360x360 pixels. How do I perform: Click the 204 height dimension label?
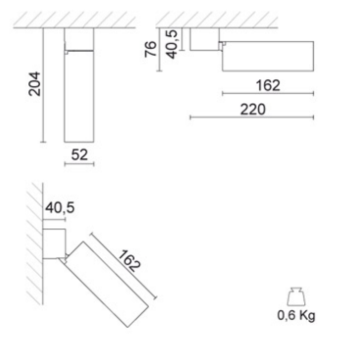(x=34, y=83)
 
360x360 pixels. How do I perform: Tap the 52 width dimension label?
(x=79, y=154)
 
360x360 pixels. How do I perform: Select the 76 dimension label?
(x=151, y=49)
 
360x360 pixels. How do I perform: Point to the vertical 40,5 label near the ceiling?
(x=172, y=44)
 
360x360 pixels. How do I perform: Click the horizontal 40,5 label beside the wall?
(x=60, y=207)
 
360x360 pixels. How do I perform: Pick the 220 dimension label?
(x=253, y=110)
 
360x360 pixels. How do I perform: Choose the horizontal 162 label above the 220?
(x=268, y=85)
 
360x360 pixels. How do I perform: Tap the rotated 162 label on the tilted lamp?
(x=129, y=261)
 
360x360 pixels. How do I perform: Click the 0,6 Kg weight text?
(x=296, y=316)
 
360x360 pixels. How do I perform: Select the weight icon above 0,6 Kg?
(x=296, y=297)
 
